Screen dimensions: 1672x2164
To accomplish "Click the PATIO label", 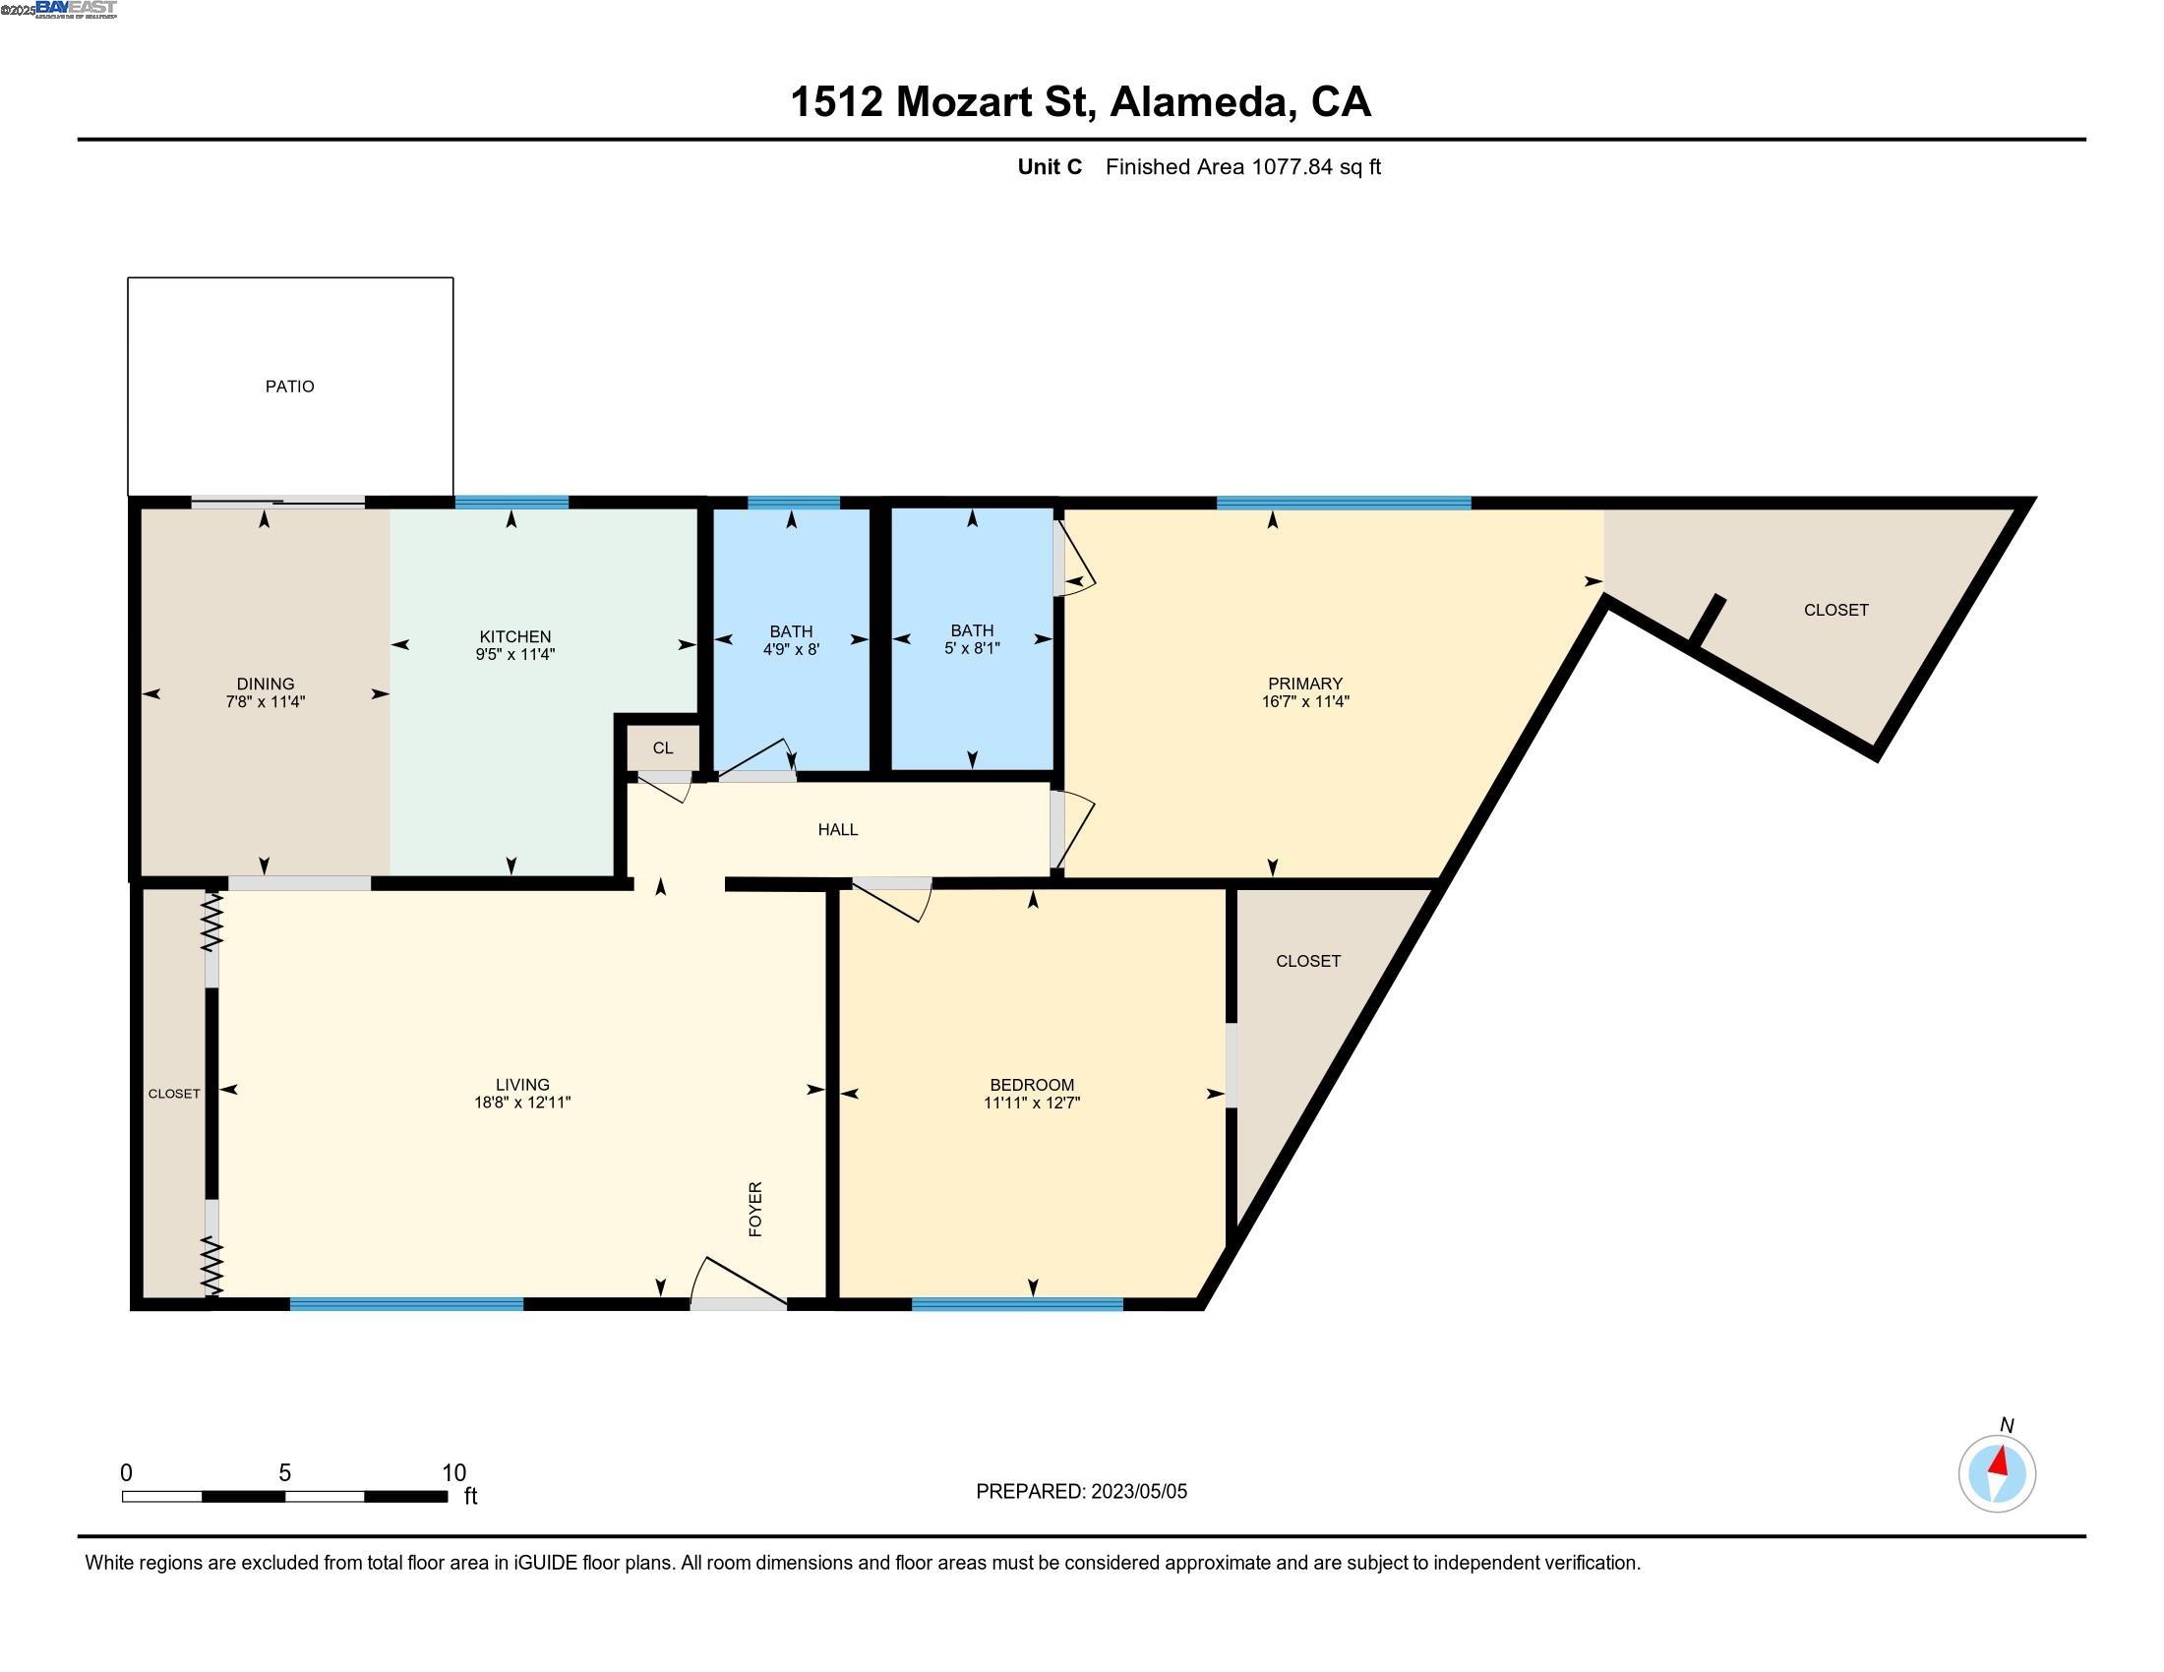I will (x=289, y=387).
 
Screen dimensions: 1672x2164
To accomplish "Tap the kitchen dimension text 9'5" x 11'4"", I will (x=514, y=655).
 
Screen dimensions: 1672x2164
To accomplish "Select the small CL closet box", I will (x=663, y=747).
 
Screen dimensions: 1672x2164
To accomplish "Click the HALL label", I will (x=837, y=830).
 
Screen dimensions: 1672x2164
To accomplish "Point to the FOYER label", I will (x=755, y=1209).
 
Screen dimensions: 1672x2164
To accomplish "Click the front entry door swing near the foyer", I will (x=737, y=1284).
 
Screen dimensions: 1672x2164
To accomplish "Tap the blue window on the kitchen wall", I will (x=511, y=504).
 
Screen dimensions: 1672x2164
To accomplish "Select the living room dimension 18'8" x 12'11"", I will (x=522, y=1103).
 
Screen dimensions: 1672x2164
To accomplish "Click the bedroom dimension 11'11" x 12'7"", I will (x=1032, y=1103).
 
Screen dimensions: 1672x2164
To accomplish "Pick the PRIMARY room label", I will (x=1305, y=684).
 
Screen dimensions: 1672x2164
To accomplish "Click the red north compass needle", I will (x=2001, y=1462).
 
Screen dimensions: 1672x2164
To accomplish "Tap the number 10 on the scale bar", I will (x=453, y=1473).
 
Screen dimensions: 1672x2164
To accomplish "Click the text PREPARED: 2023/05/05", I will (x=1081, y=1492).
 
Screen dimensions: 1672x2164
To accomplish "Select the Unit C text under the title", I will (x=1050, y=167).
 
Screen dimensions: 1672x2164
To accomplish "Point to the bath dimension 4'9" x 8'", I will (x=791, y=650).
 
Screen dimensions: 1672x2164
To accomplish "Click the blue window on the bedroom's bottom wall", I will (x=1017, y=1304).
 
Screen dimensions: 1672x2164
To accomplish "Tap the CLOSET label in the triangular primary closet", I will (x=1835, y=610).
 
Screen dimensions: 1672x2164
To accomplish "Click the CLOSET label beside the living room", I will (x=173, y=1094).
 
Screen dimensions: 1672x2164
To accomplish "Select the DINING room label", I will (x=265, y=684).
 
